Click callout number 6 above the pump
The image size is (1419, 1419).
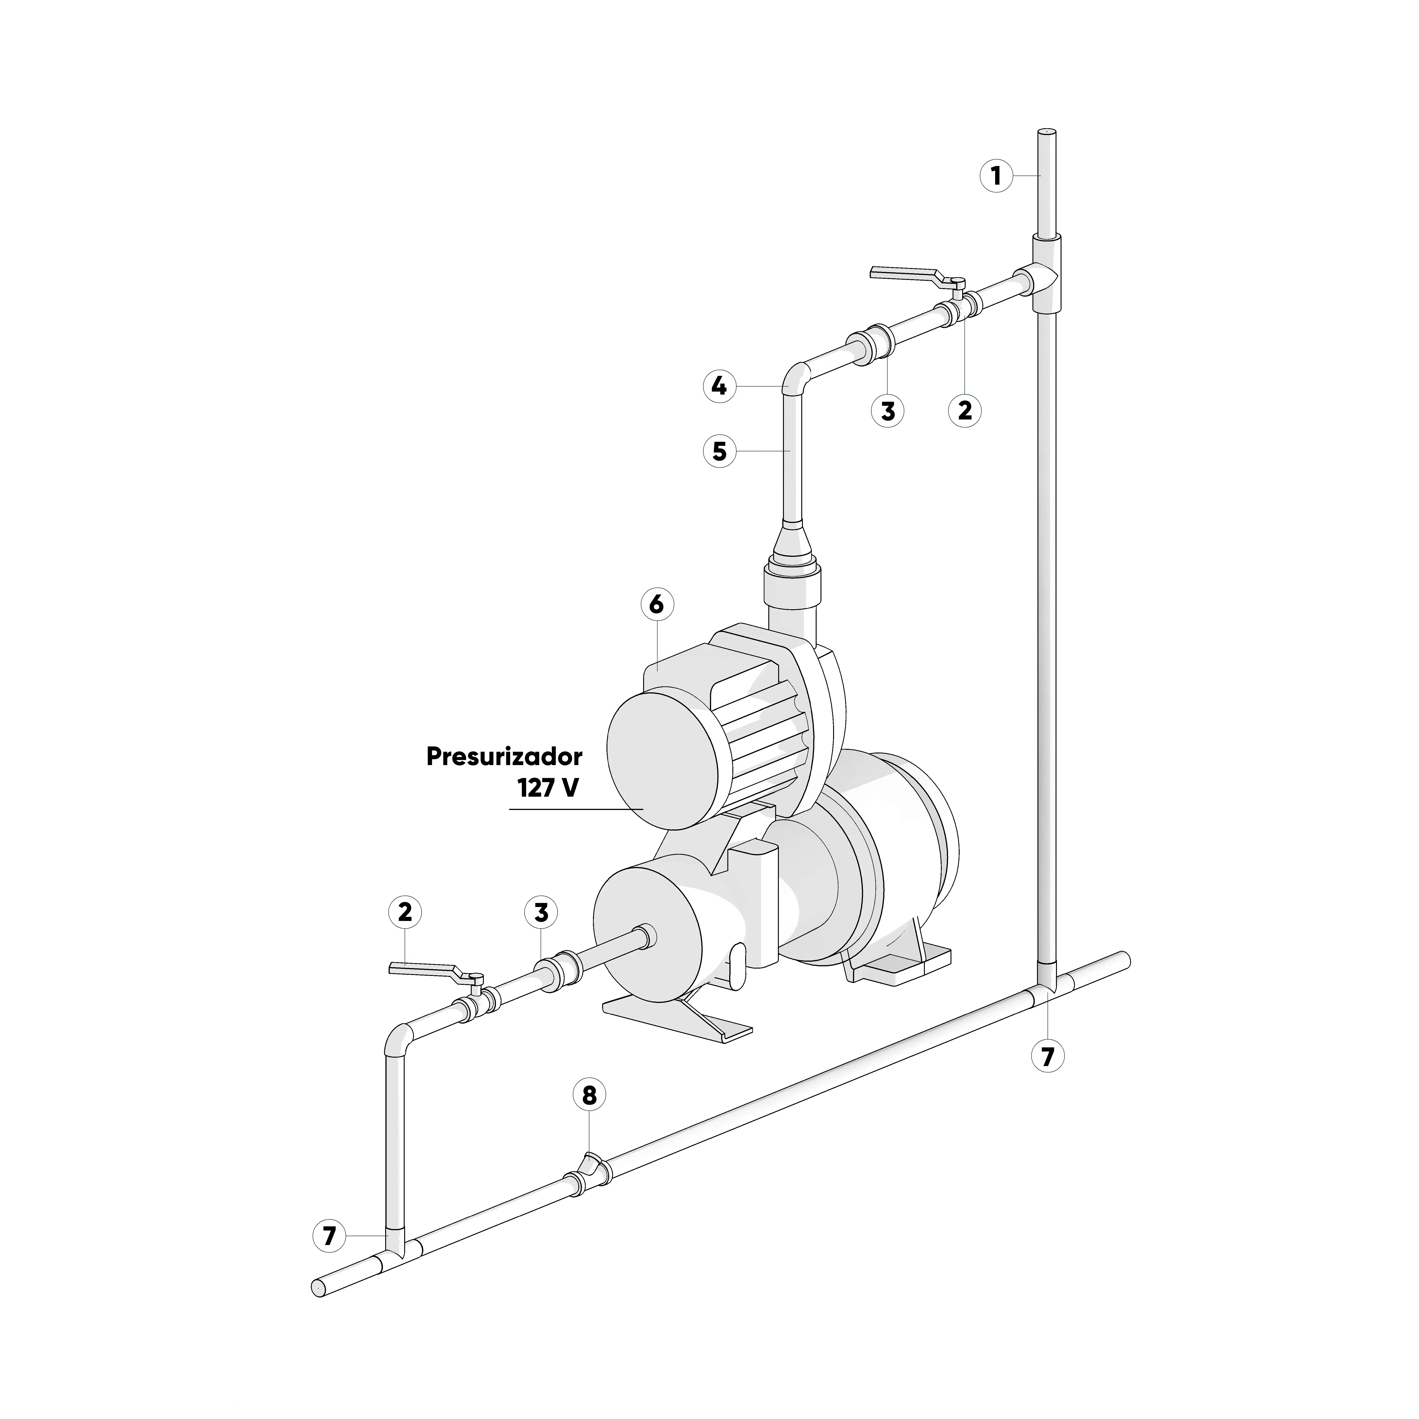[657, 604]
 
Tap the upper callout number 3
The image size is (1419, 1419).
[888, 411]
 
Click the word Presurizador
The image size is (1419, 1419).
[504, 757]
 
